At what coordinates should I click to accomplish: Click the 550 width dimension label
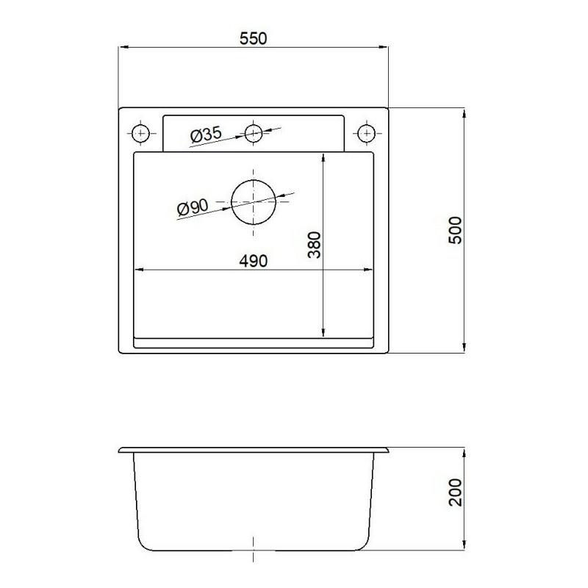tap(253, 39)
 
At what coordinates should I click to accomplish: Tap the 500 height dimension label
tap(455, 230)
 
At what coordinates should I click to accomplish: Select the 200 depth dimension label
tap(455, 492)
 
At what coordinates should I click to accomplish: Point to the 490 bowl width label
tap(254, 261)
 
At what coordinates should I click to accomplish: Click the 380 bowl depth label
tap(315, 245)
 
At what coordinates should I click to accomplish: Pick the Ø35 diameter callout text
tap(206, 135)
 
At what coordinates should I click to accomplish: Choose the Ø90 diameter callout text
tap(193, 207)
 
